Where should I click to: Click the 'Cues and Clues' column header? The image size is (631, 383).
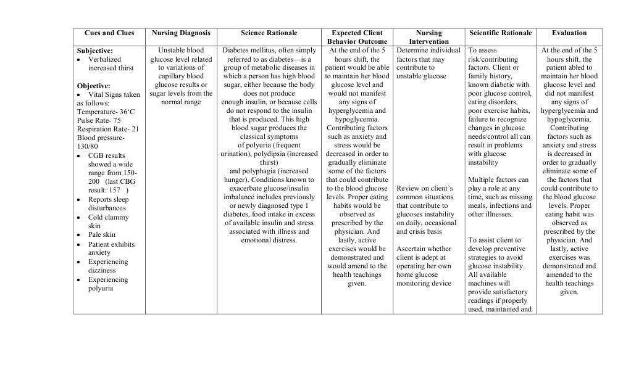point(109,33)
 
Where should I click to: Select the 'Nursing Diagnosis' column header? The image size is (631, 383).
point(181,33)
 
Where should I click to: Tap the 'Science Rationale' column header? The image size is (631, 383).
point(269,33)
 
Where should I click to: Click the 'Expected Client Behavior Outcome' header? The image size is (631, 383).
point(357,37)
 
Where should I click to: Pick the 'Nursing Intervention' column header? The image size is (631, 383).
point(428,37)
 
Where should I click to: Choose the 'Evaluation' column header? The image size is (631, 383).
point(569,33)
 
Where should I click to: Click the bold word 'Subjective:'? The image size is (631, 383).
point(94,51)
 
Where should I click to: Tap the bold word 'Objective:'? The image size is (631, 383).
point(94,86)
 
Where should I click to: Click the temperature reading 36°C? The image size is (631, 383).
point(127,112)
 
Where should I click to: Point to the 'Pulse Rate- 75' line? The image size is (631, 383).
point(99,120)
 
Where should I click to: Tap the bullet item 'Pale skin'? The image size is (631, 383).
point(102,235)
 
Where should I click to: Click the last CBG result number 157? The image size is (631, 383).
point(114,191)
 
